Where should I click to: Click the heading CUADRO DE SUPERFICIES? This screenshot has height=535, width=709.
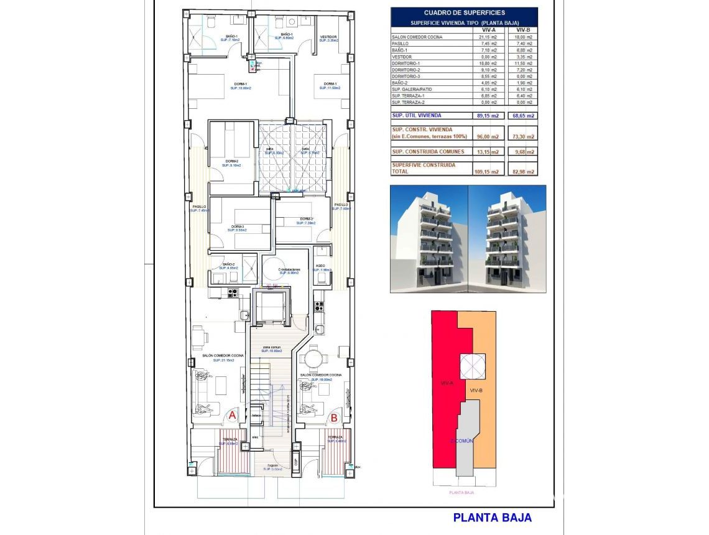point(464,12)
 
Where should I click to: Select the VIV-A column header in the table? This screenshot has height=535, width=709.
point(488,30)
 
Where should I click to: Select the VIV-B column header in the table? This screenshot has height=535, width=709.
point(523,30)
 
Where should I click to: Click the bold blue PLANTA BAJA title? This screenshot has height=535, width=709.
point(492,517)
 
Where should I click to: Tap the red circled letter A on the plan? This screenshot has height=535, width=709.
point(232,414)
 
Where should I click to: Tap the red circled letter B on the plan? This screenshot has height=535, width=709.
point(333,418)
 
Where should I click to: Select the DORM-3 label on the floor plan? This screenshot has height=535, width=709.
point(238,226)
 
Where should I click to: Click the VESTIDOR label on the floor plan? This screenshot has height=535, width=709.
point(328,37)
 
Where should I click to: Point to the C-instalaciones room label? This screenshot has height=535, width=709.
point(289,269)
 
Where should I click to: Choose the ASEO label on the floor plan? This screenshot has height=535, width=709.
point(320,266)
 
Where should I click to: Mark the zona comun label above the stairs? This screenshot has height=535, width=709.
point(272,347)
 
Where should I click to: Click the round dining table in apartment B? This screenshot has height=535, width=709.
point(315,359)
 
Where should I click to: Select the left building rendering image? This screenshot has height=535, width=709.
point(429,238)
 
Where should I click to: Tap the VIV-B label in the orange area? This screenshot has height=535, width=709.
point(477,389)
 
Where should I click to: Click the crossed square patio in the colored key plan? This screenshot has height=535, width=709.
point(472,366)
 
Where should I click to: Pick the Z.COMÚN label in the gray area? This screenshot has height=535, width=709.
point(462,440)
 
